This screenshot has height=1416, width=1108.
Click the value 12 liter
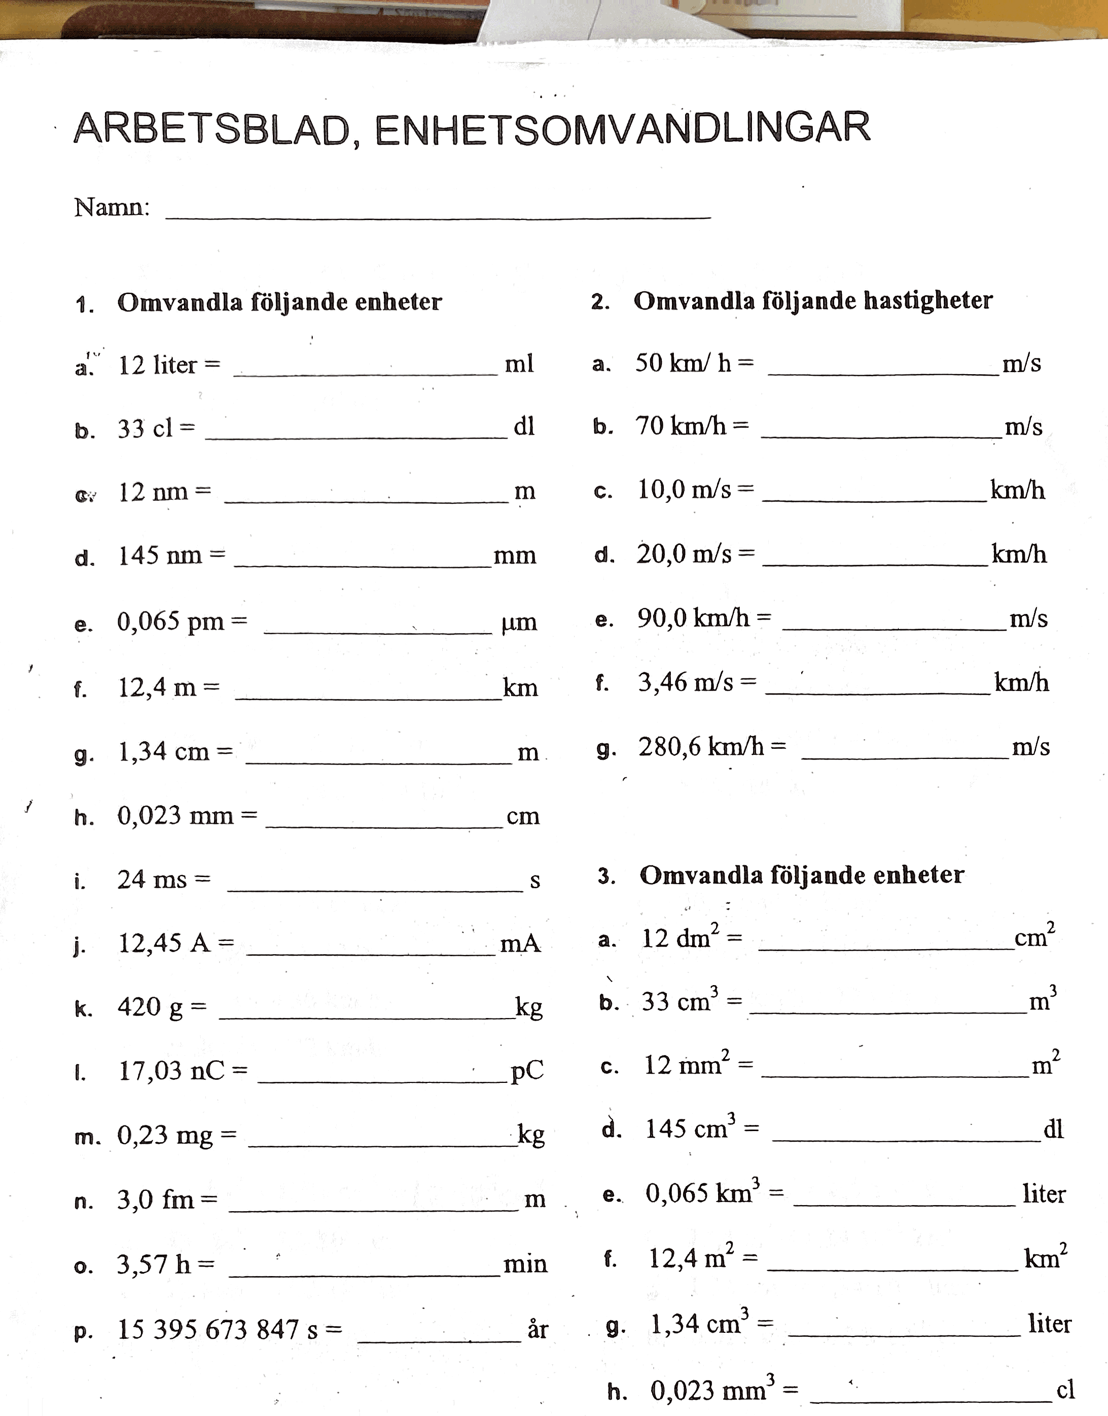(x=157, y=365)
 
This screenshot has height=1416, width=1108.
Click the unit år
(x=538, y=1330)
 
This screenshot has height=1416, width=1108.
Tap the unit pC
(x=527, y=1072)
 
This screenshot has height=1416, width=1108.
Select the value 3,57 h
(x=154, y=1264)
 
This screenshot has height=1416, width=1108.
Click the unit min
(x=525, y=1264)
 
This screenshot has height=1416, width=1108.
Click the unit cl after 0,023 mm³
(x=1065, y=1390)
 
